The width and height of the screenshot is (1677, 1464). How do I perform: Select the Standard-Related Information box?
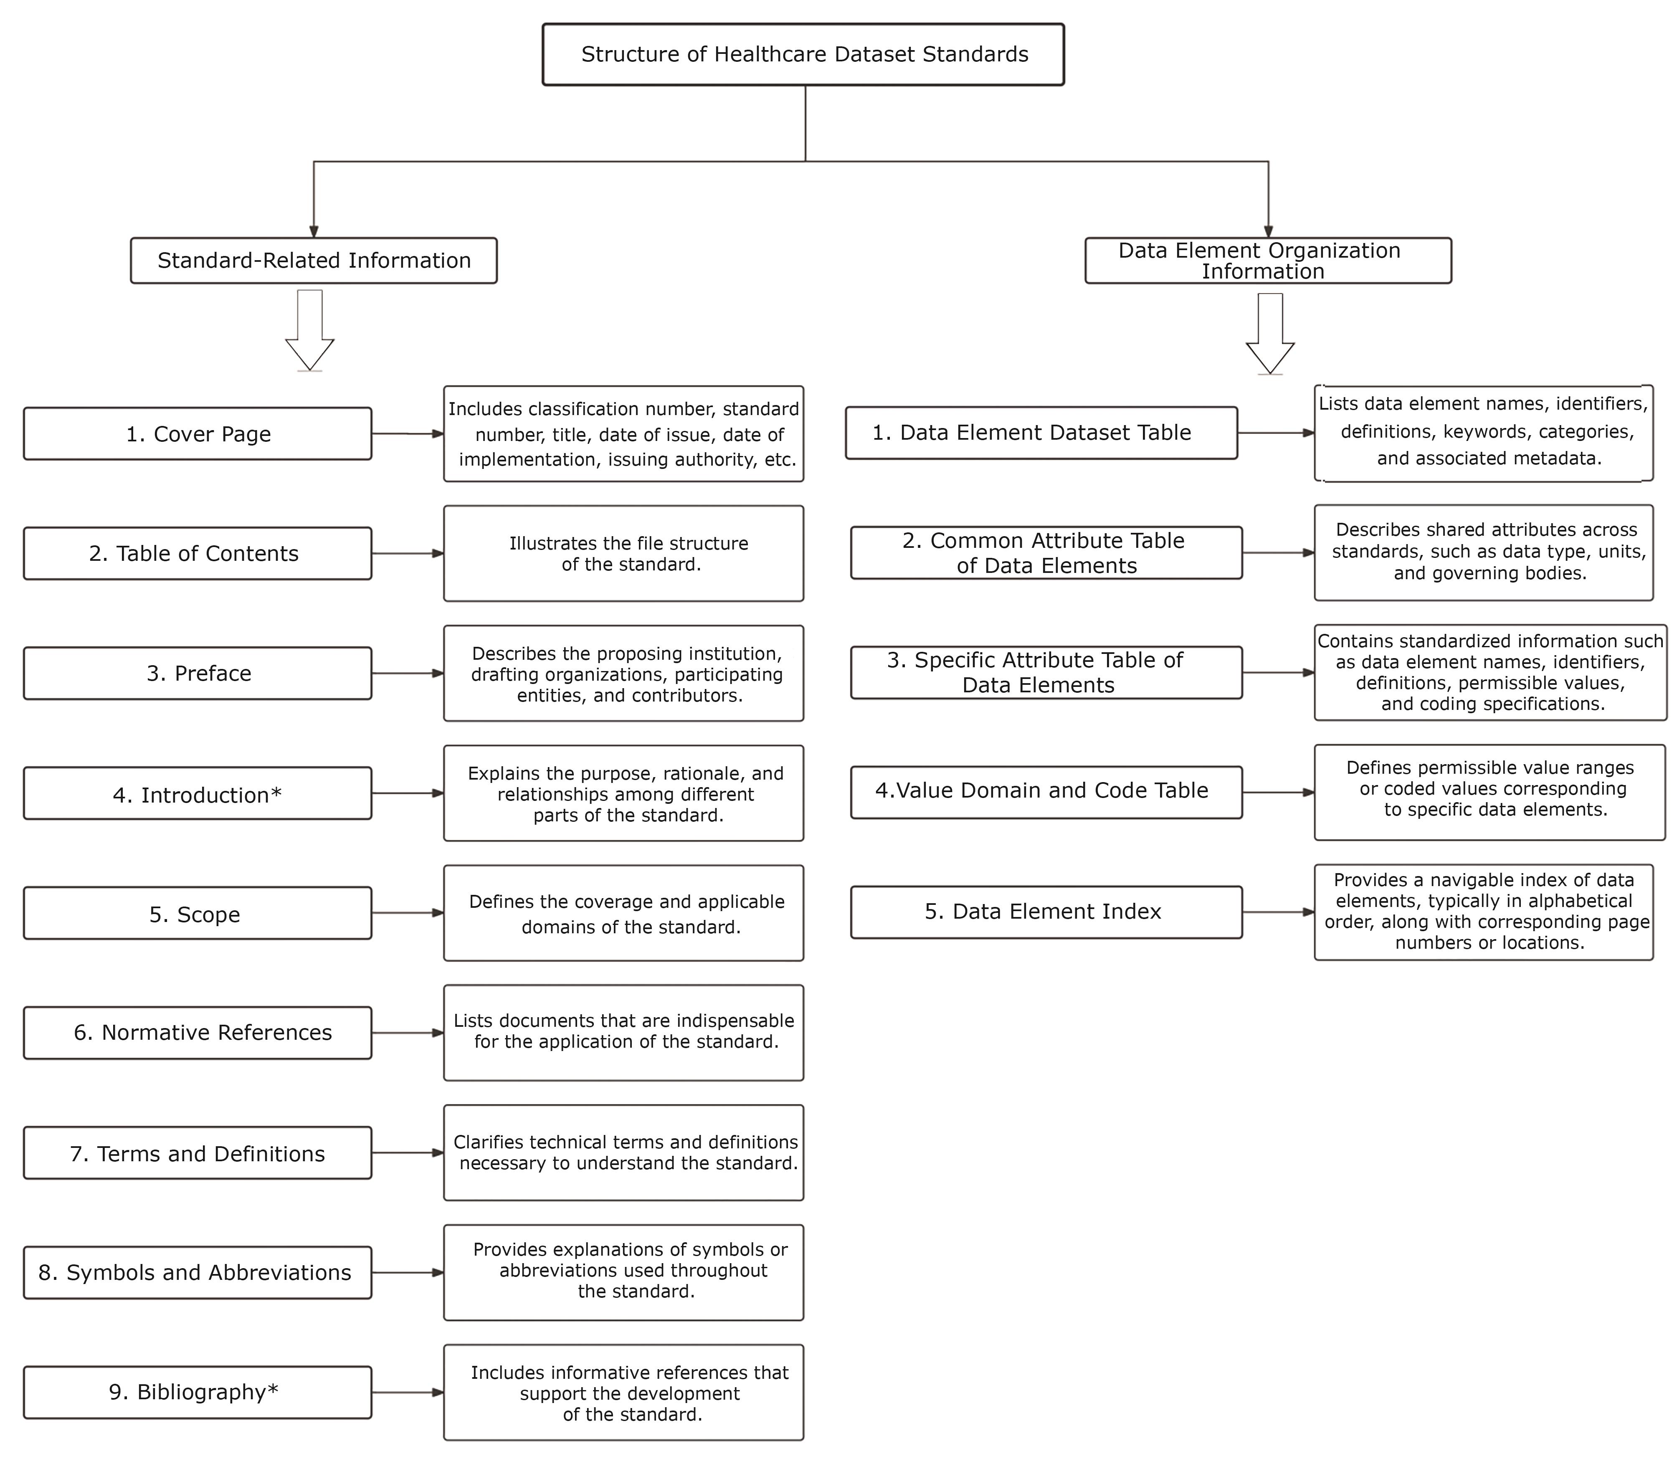(314, 261)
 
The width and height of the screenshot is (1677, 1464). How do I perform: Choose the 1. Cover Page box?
(198, 434)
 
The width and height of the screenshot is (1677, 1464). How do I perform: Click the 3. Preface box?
(198, 673)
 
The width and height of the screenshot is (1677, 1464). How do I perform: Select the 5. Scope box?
(198, 913)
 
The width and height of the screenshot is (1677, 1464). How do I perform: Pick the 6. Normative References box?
(198, 1033)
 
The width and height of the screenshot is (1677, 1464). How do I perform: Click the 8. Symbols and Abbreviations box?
(198, 1272)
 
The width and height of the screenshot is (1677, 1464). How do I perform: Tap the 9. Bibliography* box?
(198, 1392)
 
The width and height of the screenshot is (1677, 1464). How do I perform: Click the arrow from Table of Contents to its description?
(408, 554)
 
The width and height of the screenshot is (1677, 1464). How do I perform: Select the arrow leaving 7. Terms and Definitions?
(408, 1153)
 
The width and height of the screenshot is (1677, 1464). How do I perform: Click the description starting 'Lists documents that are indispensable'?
(623, 1033)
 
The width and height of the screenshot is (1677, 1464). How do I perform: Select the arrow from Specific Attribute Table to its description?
(1278, 672)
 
